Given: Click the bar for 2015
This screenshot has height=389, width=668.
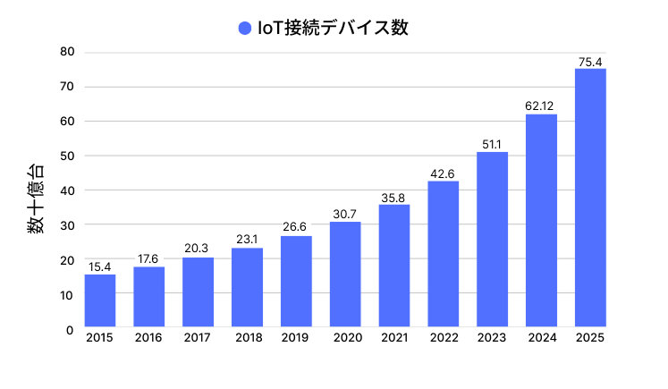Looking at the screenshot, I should point(100,301).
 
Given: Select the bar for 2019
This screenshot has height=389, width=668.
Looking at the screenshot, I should point(296,283).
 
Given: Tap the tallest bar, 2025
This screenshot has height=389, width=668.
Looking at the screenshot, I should point(590,199).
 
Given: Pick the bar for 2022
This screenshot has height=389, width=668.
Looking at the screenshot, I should point(444,255).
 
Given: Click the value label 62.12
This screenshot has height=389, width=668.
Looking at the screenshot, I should point(541,106).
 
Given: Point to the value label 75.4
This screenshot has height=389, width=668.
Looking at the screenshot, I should point(590,61).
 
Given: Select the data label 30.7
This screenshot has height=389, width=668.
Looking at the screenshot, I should point(345,214).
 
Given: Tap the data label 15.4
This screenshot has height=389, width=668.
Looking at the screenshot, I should point(100,266).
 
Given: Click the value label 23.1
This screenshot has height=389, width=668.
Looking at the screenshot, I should point(247,240).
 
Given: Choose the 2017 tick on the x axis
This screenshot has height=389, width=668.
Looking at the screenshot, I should point(198,337).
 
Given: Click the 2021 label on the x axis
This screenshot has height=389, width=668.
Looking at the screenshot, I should point(394,337).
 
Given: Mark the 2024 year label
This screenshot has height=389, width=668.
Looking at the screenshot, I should point(541,337).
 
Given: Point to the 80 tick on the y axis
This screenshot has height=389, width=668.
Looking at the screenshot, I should point(66,52).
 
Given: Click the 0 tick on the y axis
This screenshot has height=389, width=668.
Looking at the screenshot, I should point(70,329).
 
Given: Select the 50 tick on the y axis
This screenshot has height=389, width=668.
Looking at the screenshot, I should point(66,156).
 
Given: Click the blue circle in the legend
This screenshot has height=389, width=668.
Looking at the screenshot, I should point(245,28).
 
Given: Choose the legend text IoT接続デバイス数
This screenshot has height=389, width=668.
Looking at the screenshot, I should point(333,28).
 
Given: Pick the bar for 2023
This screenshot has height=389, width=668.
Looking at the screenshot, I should point(492,241).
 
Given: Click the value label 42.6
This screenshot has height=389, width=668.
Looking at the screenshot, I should point(444,173).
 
